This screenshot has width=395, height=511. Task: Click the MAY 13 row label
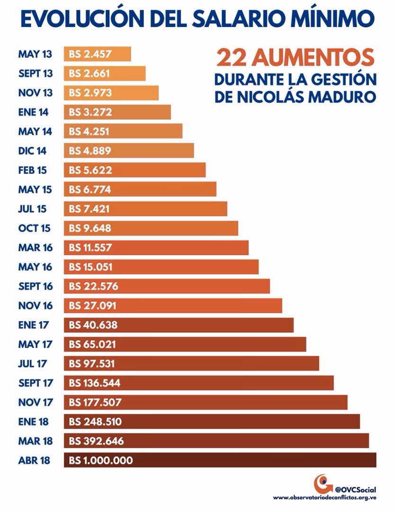(35, 54)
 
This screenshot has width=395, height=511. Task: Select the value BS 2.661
(90, 73)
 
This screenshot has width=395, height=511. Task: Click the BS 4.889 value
(90, 151)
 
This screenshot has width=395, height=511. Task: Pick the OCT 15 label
(35, 228)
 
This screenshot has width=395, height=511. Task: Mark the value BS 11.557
(90, 247)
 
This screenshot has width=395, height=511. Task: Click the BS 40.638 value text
(93, 325)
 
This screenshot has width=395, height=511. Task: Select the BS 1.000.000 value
(101, 460)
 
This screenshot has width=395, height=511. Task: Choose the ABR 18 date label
(34, 460)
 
